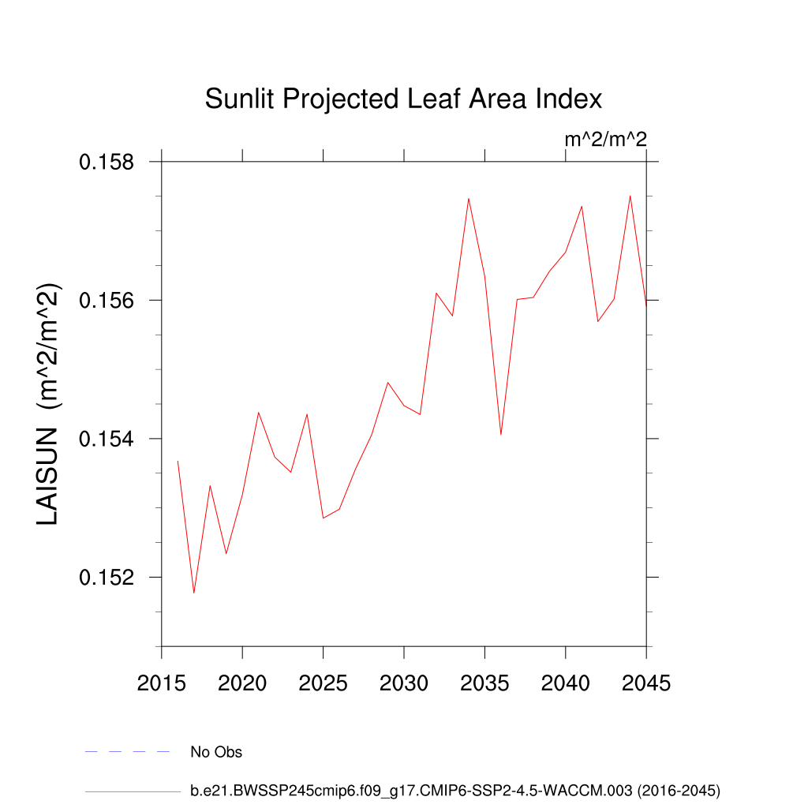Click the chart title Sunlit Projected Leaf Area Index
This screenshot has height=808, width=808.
pyautogui.click(x=403, y=99)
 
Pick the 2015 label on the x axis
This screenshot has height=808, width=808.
pyautogui.click(x=162, y=683)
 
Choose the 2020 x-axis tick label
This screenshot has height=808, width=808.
pyautogui.click(x=242, y=683)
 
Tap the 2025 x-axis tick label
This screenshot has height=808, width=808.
pyautogui.click(x=324, y=683)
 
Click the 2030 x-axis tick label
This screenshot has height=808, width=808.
pyautogui.click(x=404, y=683)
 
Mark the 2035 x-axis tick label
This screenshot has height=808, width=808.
pyautogui.click(x=484, y=683)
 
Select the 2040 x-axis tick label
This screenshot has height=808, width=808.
pyautogui.click(x=566, y=683)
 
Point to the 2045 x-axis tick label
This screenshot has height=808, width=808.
pyautogui.click(x=646, y=683)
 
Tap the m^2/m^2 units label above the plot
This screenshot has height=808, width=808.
pyautogui.click(x=605, y=140)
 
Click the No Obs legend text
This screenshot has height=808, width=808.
pyautogui.click(x=216, y=752)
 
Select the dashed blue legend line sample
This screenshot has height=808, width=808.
pyautogui.click(x=127, y=752)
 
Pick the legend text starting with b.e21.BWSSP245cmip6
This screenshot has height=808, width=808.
pyautogui.click(x=455, y=790)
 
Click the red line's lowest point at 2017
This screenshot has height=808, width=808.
pyautogui.click(x=194, y=593)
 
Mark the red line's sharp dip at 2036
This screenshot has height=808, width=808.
pyautogui.click(x=501, y=434)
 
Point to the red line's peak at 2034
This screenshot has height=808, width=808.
pyautogui.click(x=469, y=198)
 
